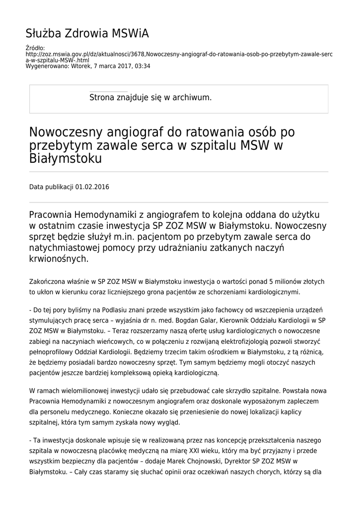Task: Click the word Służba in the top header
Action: click(42, 34)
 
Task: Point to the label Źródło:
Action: click(34, 48)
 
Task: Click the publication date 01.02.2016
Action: click(92, 187)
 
